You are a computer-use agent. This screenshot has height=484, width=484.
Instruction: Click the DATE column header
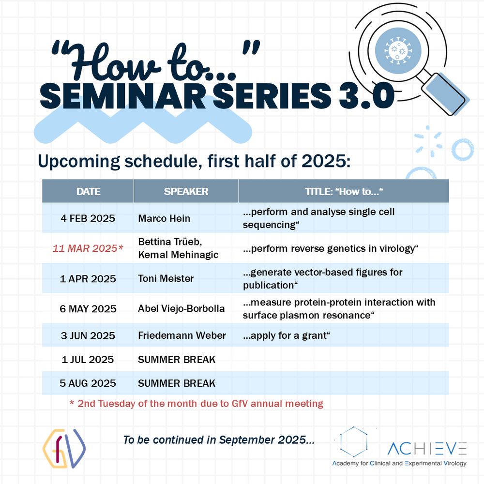(88, 191)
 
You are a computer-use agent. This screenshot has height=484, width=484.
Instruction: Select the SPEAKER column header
(186, 191)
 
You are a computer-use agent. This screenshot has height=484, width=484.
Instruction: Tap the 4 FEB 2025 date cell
(88, 218)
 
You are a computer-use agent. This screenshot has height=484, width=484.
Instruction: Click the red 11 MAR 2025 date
(88, 248)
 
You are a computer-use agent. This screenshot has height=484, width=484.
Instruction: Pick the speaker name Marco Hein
(164, 218)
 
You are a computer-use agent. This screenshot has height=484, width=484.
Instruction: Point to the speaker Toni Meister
(166, 278)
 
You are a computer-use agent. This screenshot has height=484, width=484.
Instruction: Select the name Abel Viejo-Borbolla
(181, 308)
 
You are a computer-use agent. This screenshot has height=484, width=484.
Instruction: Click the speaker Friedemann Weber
(182, 335)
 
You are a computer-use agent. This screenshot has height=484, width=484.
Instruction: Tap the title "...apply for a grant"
(287, 335)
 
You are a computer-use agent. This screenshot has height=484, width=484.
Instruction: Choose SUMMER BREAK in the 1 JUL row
(177, 359)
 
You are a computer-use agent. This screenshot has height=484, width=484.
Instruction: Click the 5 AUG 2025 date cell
(88, 383)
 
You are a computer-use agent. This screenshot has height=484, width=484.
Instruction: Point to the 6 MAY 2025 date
(88, 309)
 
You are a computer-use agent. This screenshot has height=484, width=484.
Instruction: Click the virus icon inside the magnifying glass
(398, 51)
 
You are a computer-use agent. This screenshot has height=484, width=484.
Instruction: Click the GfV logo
(64, 448)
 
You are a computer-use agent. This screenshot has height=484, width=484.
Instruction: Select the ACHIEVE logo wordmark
(427, 449)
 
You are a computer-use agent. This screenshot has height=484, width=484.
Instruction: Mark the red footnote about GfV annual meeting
(197, 404)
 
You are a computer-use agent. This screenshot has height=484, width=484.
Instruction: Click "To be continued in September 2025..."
(219, 440)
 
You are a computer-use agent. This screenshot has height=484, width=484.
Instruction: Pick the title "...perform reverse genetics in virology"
(330, 248)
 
